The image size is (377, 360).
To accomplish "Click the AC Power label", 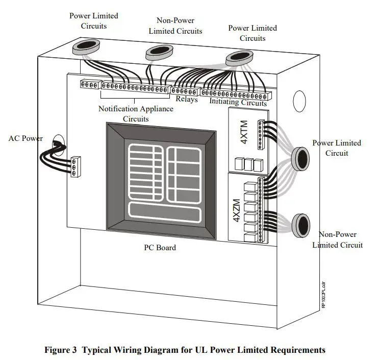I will coord(26,138).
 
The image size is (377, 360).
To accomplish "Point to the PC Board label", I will coord(159,248).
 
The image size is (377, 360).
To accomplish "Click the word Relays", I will coord(186,99).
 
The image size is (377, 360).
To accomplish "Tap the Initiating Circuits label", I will coord(238,102).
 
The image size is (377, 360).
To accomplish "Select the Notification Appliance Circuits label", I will coord(136,113).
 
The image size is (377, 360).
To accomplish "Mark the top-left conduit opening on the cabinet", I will coord(85,47).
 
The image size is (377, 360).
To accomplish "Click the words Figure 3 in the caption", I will coord(61,350).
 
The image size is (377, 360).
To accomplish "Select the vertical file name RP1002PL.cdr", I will coord(323,295).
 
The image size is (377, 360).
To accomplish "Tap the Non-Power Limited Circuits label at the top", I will coord(175,26).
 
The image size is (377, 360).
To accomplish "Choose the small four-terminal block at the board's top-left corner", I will coord(89,84).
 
